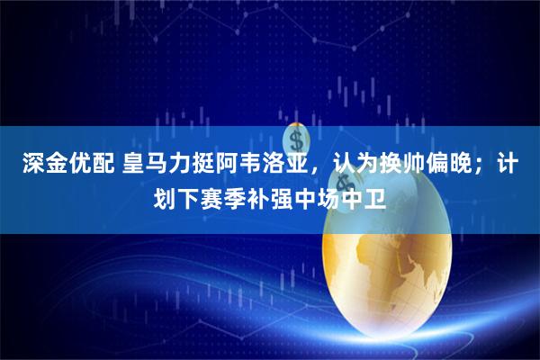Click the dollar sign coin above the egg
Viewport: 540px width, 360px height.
point(296,139)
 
